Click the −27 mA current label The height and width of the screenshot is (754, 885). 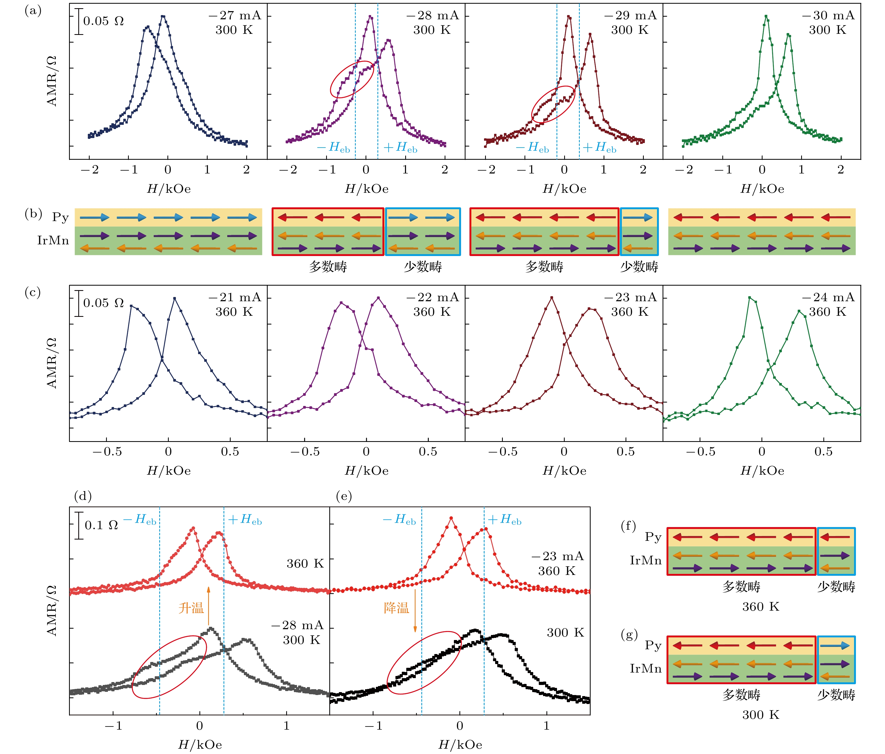pos(235,15)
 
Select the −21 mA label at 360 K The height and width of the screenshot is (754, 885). pos(235,297)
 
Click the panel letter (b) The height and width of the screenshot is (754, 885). pos(33,213)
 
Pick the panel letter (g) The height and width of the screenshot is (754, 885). pos(629,635)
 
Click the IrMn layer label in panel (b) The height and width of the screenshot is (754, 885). pos(53,240)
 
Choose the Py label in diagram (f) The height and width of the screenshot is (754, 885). pos(653,537)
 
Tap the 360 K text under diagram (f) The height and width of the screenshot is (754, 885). pos(761,607)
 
